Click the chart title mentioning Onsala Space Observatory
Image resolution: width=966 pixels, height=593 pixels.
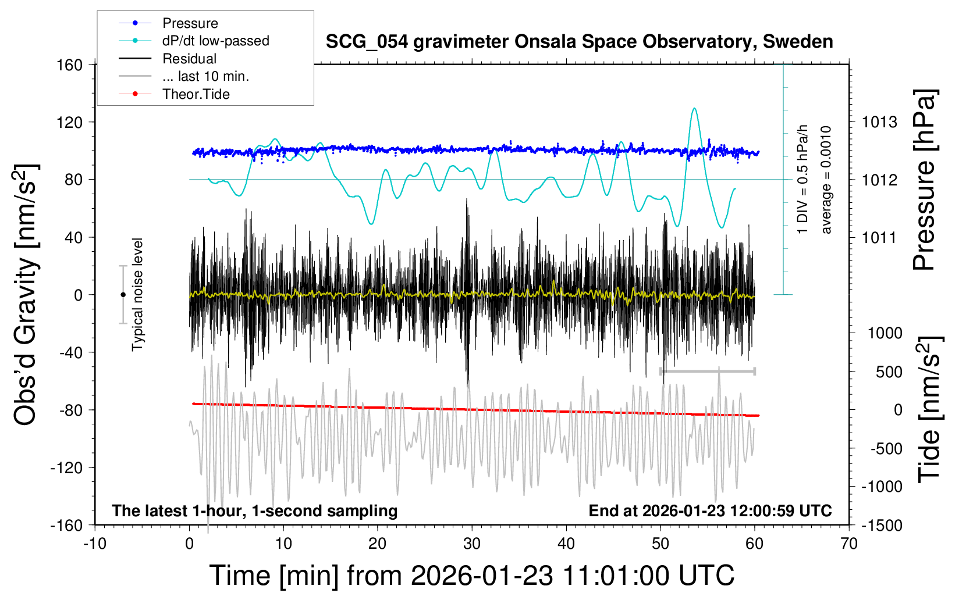click(x=579, y=42)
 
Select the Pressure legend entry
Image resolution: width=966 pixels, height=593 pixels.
click(x=190, y=23)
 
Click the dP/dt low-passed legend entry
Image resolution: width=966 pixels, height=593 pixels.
click(x=215, y=41)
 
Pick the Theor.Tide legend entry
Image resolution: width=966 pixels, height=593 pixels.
click(x=196, y=94)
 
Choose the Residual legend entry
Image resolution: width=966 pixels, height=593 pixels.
click(x=189, y=59)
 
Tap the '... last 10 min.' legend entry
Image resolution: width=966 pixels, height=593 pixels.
click(x=205, y=76)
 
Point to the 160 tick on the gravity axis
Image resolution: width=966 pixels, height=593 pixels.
click(x=70, y=65)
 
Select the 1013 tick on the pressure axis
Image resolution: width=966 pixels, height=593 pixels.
click(x=879, y=122)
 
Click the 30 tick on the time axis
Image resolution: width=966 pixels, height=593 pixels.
click(x=472, y=544)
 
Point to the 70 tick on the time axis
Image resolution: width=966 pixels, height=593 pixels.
click(x=849, y=544)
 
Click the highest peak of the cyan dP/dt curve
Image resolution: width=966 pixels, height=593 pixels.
click(x=694, y=109)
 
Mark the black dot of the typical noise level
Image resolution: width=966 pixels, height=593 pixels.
click(x=123, y=295)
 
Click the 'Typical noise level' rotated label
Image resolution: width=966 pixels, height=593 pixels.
click(x=137, y=295)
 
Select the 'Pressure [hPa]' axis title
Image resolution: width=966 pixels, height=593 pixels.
click(x=924, y=180)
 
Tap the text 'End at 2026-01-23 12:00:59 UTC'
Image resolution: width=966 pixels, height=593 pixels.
click(x=710, y=510)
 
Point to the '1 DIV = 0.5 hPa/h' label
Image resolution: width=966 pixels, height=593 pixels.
click(x=803, y=179)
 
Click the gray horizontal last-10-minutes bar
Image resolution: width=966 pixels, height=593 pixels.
click(x=707, y=371)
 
